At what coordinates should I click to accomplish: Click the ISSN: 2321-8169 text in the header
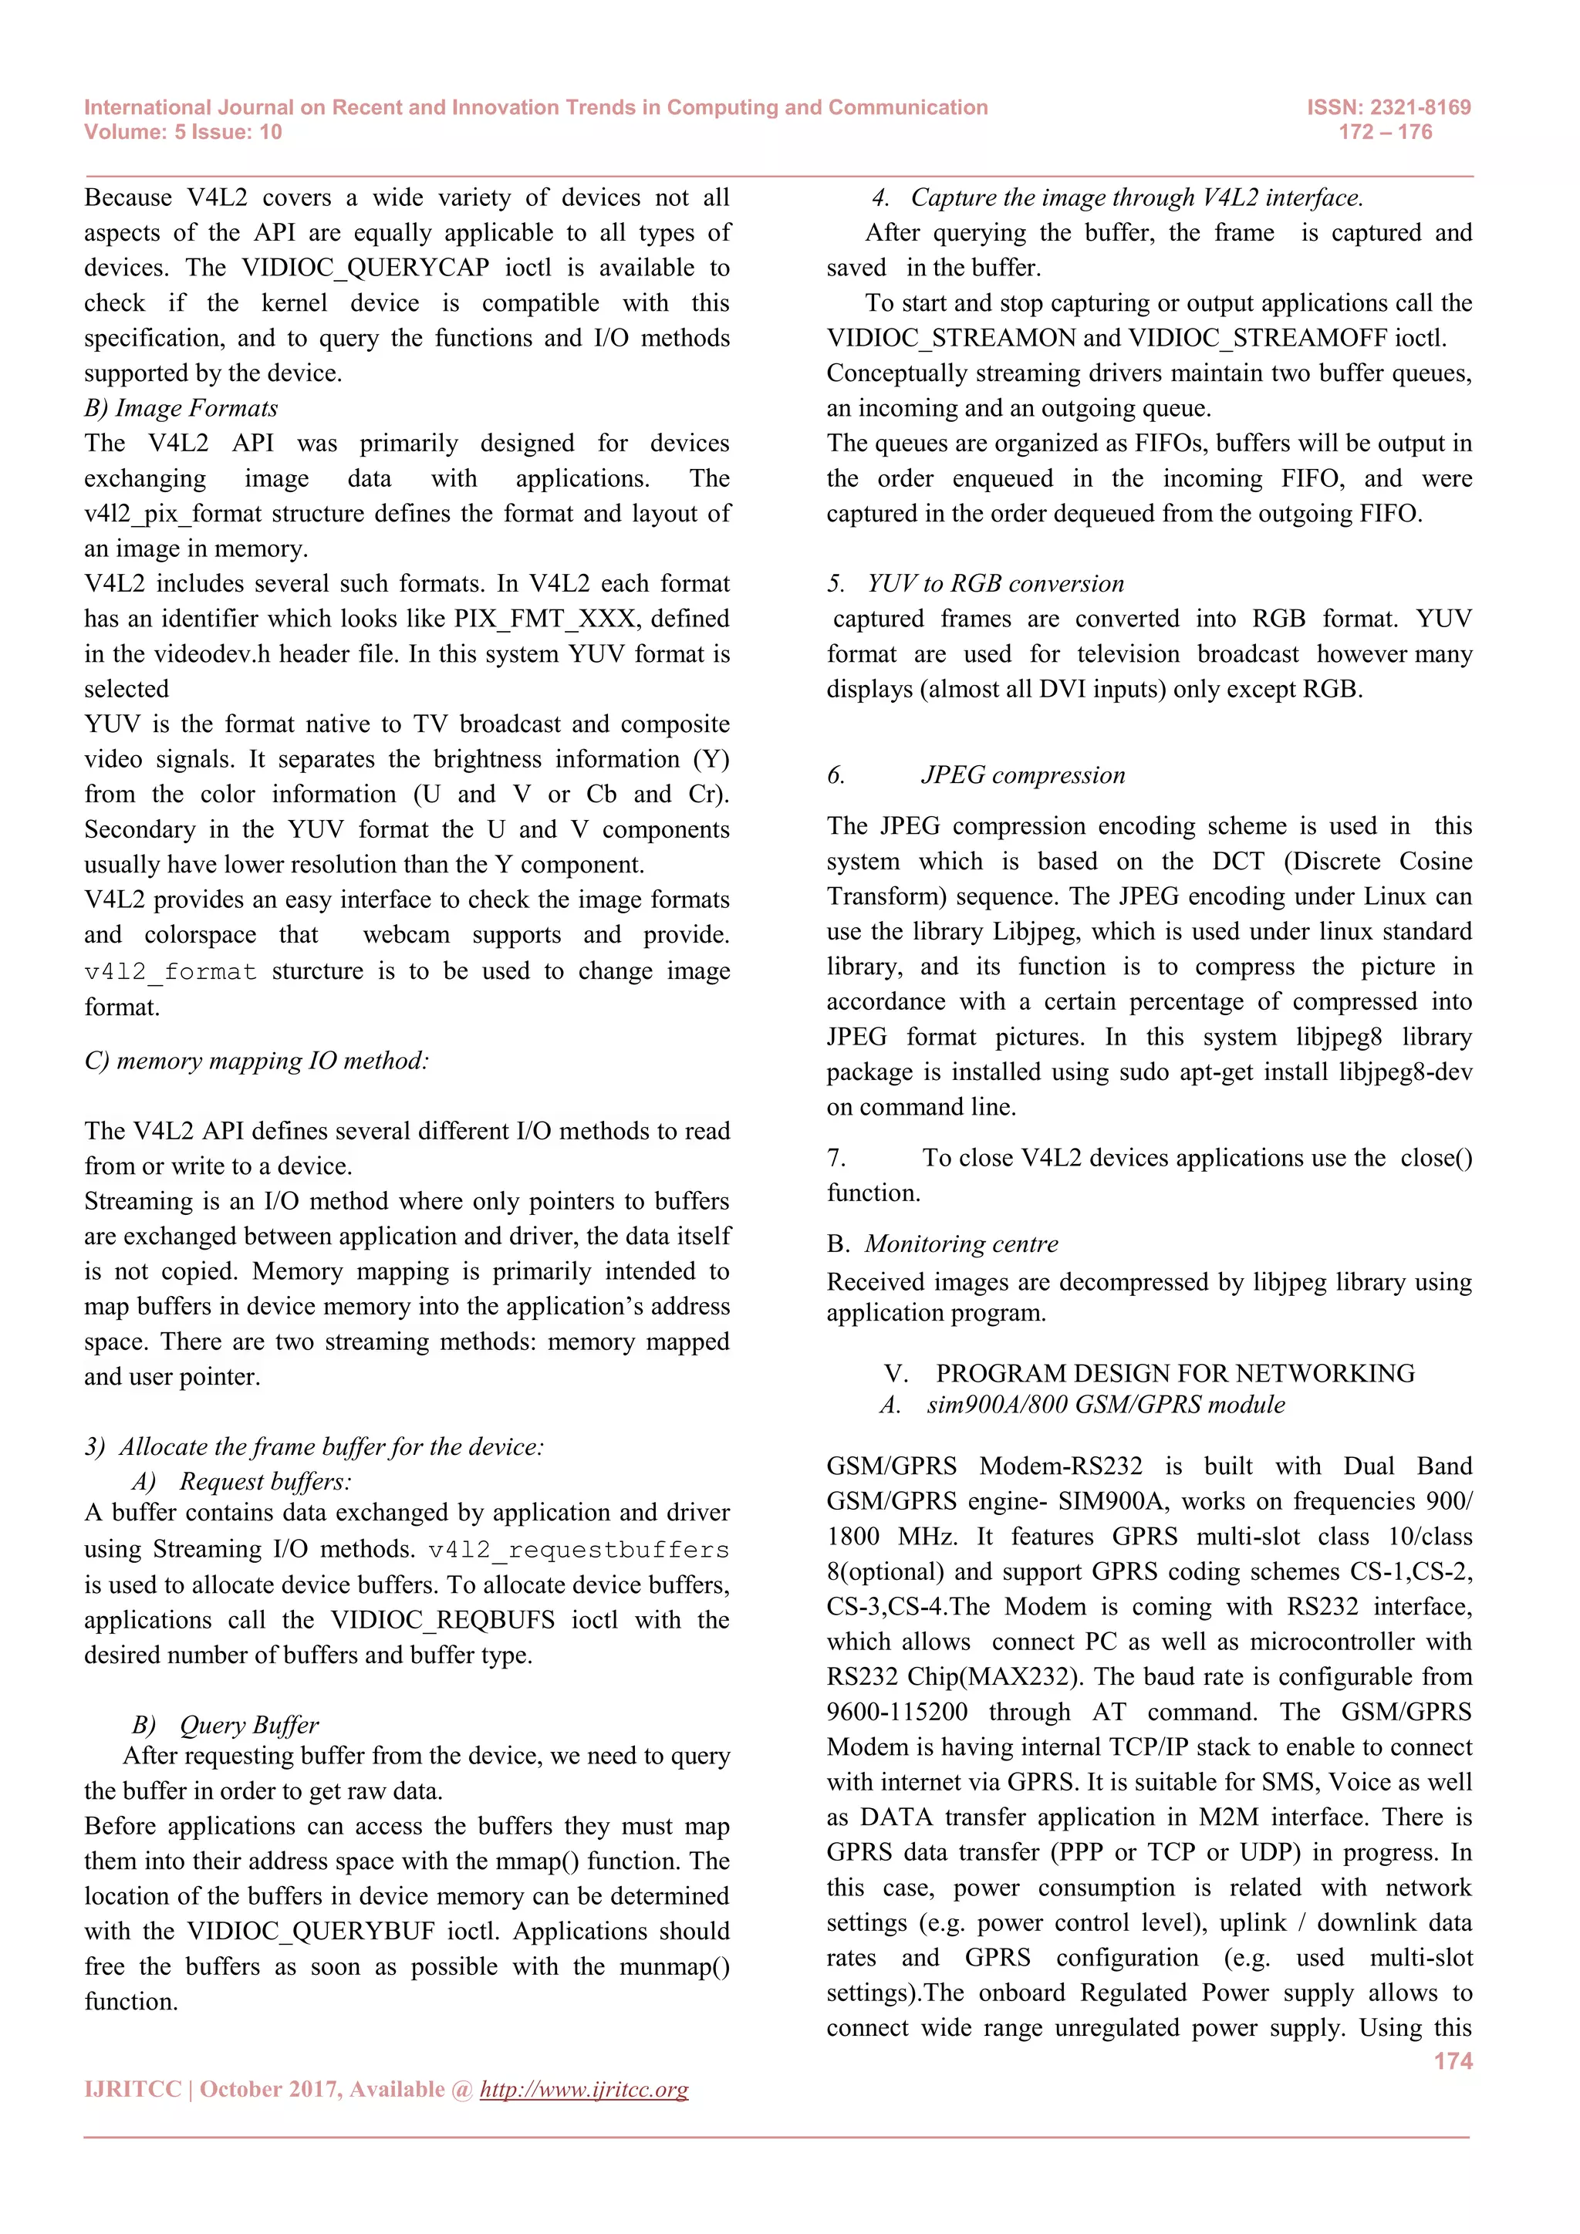pos(1389,107)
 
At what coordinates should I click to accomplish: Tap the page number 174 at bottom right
pos(1453,2060)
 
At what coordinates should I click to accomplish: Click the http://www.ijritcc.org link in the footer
pos(584,2089)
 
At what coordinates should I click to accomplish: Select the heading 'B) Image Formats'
pos(181,407)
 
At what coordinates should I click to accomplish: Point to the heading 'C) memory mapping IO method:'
pos(256,1061)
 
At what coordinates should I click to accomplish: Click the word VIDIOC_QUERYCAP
pos(365,268)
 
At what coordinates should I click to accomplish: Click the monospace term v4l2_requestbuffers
pos(578,1549)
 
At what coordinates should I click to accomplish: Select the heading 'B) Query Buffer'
pos(225,1725)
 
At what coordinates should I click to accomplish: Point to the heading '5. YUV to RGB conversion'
pos(975,584)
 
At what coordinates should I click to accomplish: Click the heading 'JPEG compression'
pos(1022,774)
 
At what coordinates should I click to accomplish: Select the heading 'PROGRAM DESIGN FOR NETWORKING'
pos(1174,1373)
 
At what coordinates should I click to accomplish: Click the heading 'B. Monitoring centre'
pos(942,1244)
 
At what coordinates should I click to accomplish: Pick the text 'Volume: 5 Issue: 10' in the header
pos(183,133)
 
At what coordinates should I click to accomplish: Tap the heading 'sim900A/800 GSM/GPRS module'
pos(1106,1404)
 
